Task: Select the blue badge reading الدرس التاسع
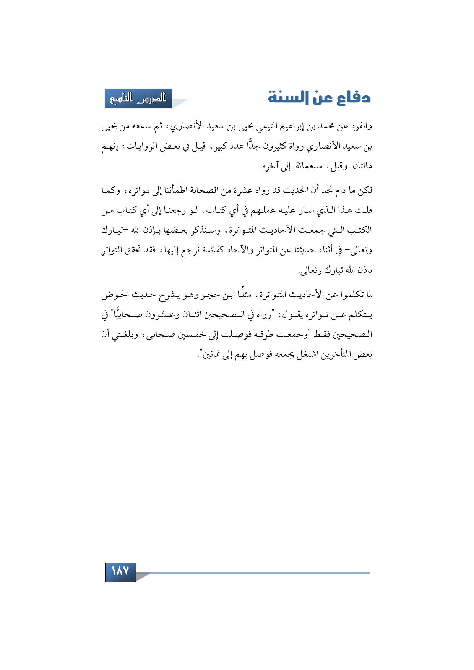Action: point(138,99)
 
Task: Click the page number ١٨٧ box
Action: point(120,571)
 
